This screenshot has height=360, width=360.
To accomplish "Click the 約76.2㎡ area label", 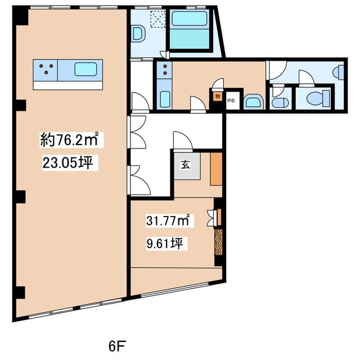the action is (69, 139).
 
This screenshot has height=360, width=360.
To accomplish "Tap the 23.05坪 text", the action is (67, 163).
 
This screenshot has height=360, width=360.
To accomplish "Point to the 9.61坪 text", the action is (165, 244).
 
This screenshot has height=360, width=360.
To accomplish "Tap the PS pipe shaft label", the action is (231, 101).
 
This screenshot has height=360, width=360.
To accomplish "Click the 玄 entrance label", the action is (185, 165).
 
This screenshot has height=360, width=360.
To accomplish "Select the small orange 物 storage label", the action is (218, 96).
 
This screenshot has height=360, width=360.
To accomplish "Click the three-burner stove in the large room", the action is (45, 70).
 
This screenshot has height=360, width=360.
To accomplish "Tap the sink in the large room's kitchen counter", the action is (85, 69).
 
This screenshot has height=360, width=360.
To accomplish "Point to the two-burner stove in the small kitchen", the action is (164, 70).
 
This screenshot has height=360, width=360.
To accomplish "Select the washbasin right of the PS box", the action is (253, 101).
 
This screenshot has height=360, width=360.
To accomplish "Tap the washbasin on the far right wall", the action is (339, 73).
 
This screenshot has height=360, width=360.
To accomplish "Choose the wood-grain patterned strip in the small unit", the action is (218, 242).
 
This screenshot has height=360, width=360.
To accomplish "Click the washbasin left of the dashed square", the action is (139, 34).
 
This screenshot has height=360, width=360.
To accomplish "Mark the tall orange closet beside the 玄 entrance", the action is (216, 169).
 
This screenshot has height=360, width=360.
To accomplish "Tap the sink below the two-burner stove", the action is (165, 99).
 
